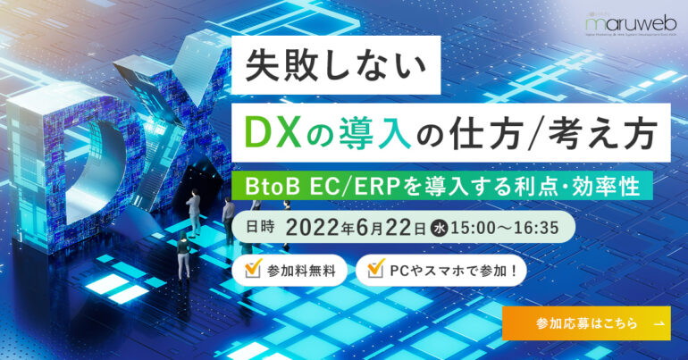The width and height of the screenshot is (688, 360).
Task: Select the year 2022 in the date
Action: tap(314, 228)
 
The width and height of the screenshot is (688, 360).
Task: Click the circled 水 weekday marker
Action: tap(440, 229)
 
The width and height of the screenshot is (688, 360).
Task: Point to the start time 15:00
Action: tap(474, 229)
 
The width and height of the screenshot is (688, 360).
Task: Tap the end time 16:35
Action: tap(537, 229)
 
